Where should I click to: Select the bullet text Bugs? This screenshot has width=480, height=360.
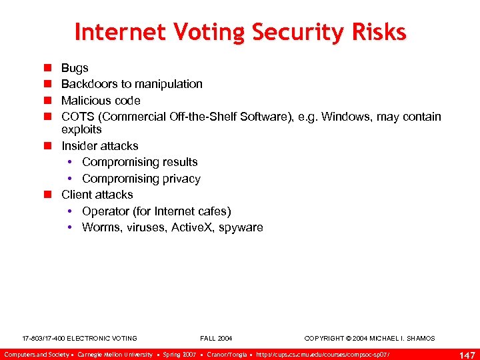[75, 68]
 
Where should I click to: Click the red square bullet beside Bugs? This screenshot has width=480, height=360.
[48, 68]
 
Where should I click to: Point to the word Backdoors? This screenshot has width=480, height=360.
[87, 84]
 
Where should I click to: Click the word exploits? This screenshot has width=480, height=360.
[81, 129]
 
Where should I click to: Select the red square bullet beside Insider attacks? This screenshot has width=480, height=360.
[48, 146]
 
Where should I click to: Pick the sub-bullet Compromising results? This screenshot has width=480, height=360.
[140, 162]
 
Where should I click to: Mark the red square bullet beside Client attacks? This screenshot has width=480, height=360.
[48, 195]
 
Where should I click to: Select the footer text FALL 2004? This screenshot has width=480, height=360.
[216, 339]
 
